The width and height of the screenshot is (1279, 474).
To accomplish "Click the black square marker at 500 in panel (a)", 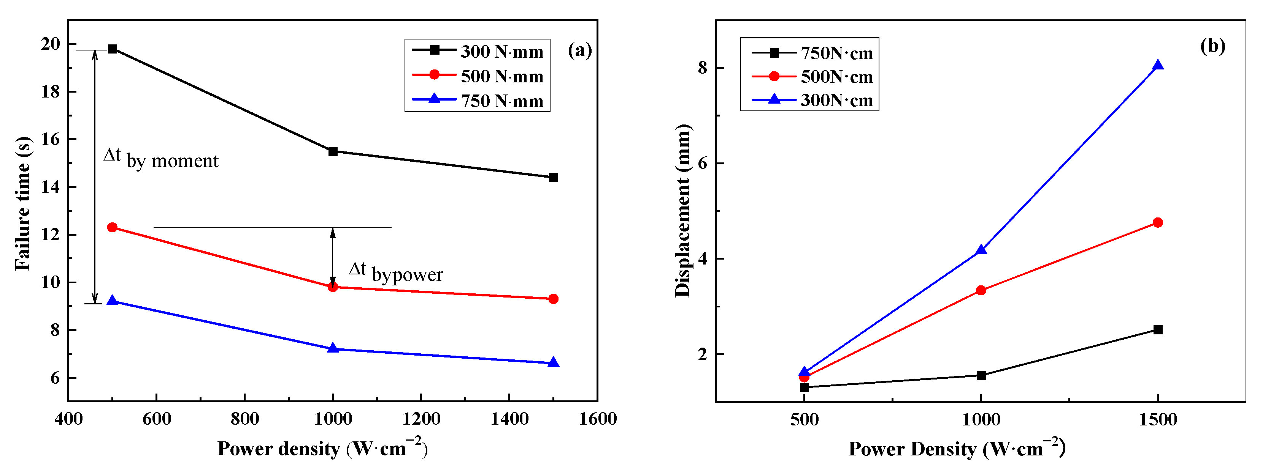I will pos(113,49).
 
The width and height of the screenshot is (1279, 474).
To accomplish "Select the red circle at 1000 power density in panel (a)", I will pos(333,287).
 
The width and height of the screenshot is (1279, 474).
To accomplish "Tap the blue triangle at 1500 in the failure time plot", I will pos(554,362).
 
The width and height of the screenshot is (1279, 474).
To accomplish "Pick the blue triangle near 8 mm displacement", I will pos(1157,65).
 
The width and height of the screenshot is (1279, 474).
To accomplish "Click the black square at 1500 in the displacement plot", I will pos(1157,330).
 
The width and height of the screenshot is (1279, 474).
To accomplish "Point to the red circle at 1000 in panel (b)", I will pos(981,290).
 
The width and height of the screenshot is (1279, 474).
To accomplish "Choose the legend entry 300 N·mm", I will pos(501,51).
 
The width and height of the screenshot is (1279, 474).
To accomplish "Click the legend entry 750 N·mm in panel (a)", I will pos(501,101).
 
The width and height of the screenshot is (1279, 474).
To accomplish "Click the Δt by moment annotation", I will pos(161,159).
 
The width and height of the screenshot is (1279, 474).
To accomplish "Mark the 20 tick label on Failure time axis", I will pos(50,44).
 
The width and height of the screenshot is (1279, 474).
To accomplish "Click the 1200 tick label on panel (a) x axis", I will pos(421,419).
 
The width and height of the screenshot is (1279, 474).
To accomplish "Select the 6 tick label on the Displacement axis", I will pos(702,163).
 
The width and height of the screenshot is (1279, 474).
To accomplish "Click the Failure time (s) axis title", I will pos(23,203).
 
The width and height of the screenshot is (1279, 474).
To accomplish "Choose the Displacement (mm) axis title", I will pos(683,211).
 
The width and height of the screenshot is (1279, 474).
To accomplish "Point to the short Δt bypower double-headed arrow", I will pos(333,257).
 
